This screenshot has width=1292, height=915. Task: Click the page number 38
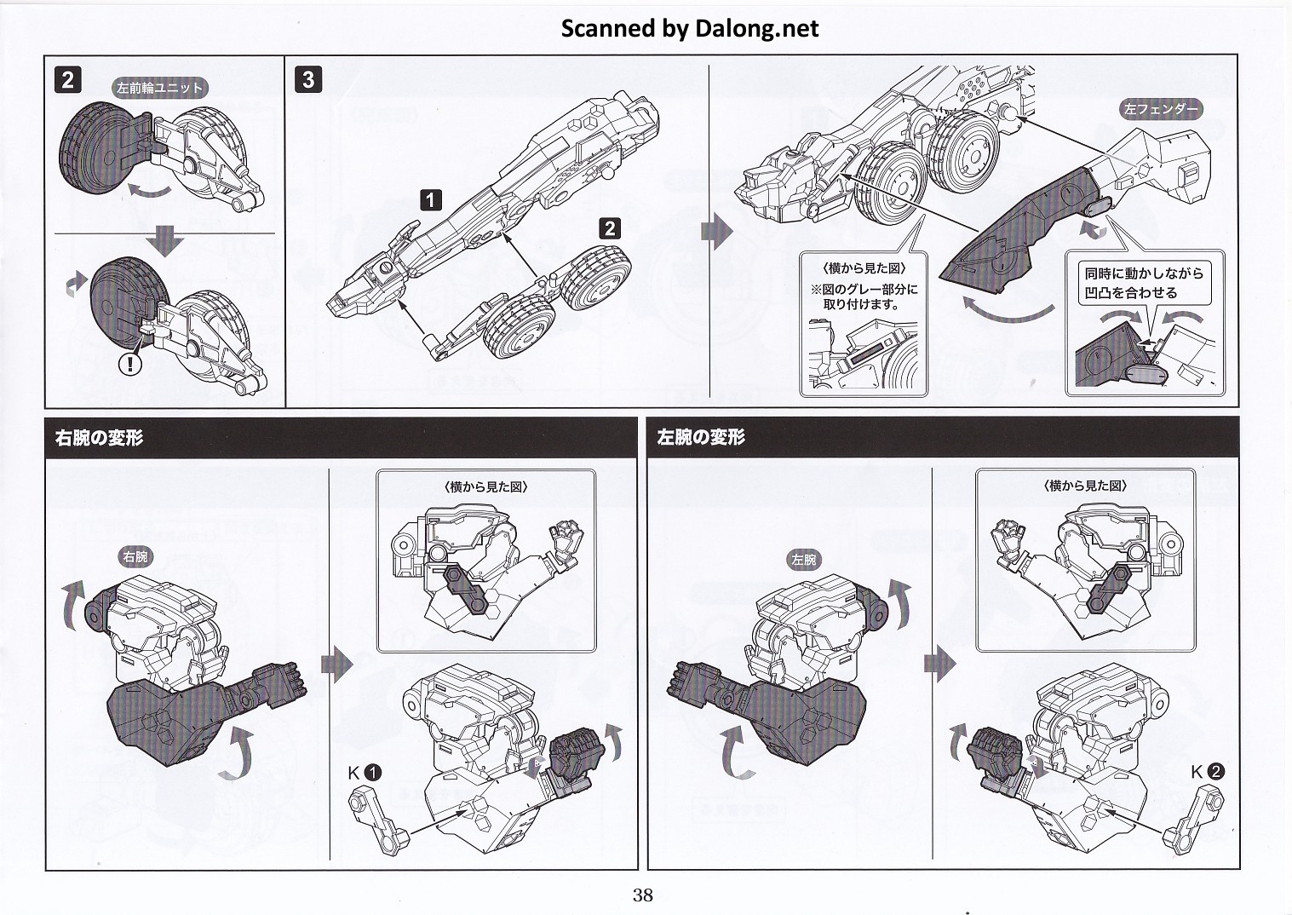point(642,895)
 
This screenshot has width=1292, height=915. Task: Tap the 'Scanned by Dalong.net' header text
point(689,28)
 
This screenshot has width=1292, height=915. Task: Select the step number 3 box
point(308,80)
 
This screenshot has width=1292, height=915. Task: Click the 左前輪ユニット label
point(159,88)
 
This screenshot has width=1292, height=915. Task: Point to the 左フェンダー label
point(1161,109)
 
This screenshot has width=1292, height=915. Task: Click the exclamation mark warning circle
point(129,365)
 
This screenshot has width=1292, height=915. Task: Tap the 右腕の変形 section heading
point(99,438)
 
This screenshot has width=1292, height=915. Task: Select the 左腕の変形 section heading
point(700,437)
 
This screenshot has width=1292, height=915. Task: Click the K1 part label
point(364,774)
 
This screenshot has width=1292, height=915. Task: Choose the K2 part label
point(1207,772)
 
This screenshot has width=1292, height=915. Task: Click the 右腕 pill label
point(135,557)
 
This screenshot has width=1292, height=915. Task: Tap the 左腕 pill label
point(803,559)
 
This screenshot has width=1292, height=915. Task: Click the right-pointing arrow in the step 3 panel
point(716,231)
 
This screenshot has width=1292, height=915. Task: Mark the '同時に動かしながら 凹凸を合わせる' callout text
point(1143,283)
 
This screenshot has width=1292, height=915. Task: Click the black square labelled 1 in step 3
point(432,200)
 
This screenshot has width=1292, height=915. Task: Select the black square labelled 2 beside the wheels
point(609,227)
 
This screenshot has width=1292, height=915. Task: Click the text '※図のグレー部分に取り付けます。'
point(864,296)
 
